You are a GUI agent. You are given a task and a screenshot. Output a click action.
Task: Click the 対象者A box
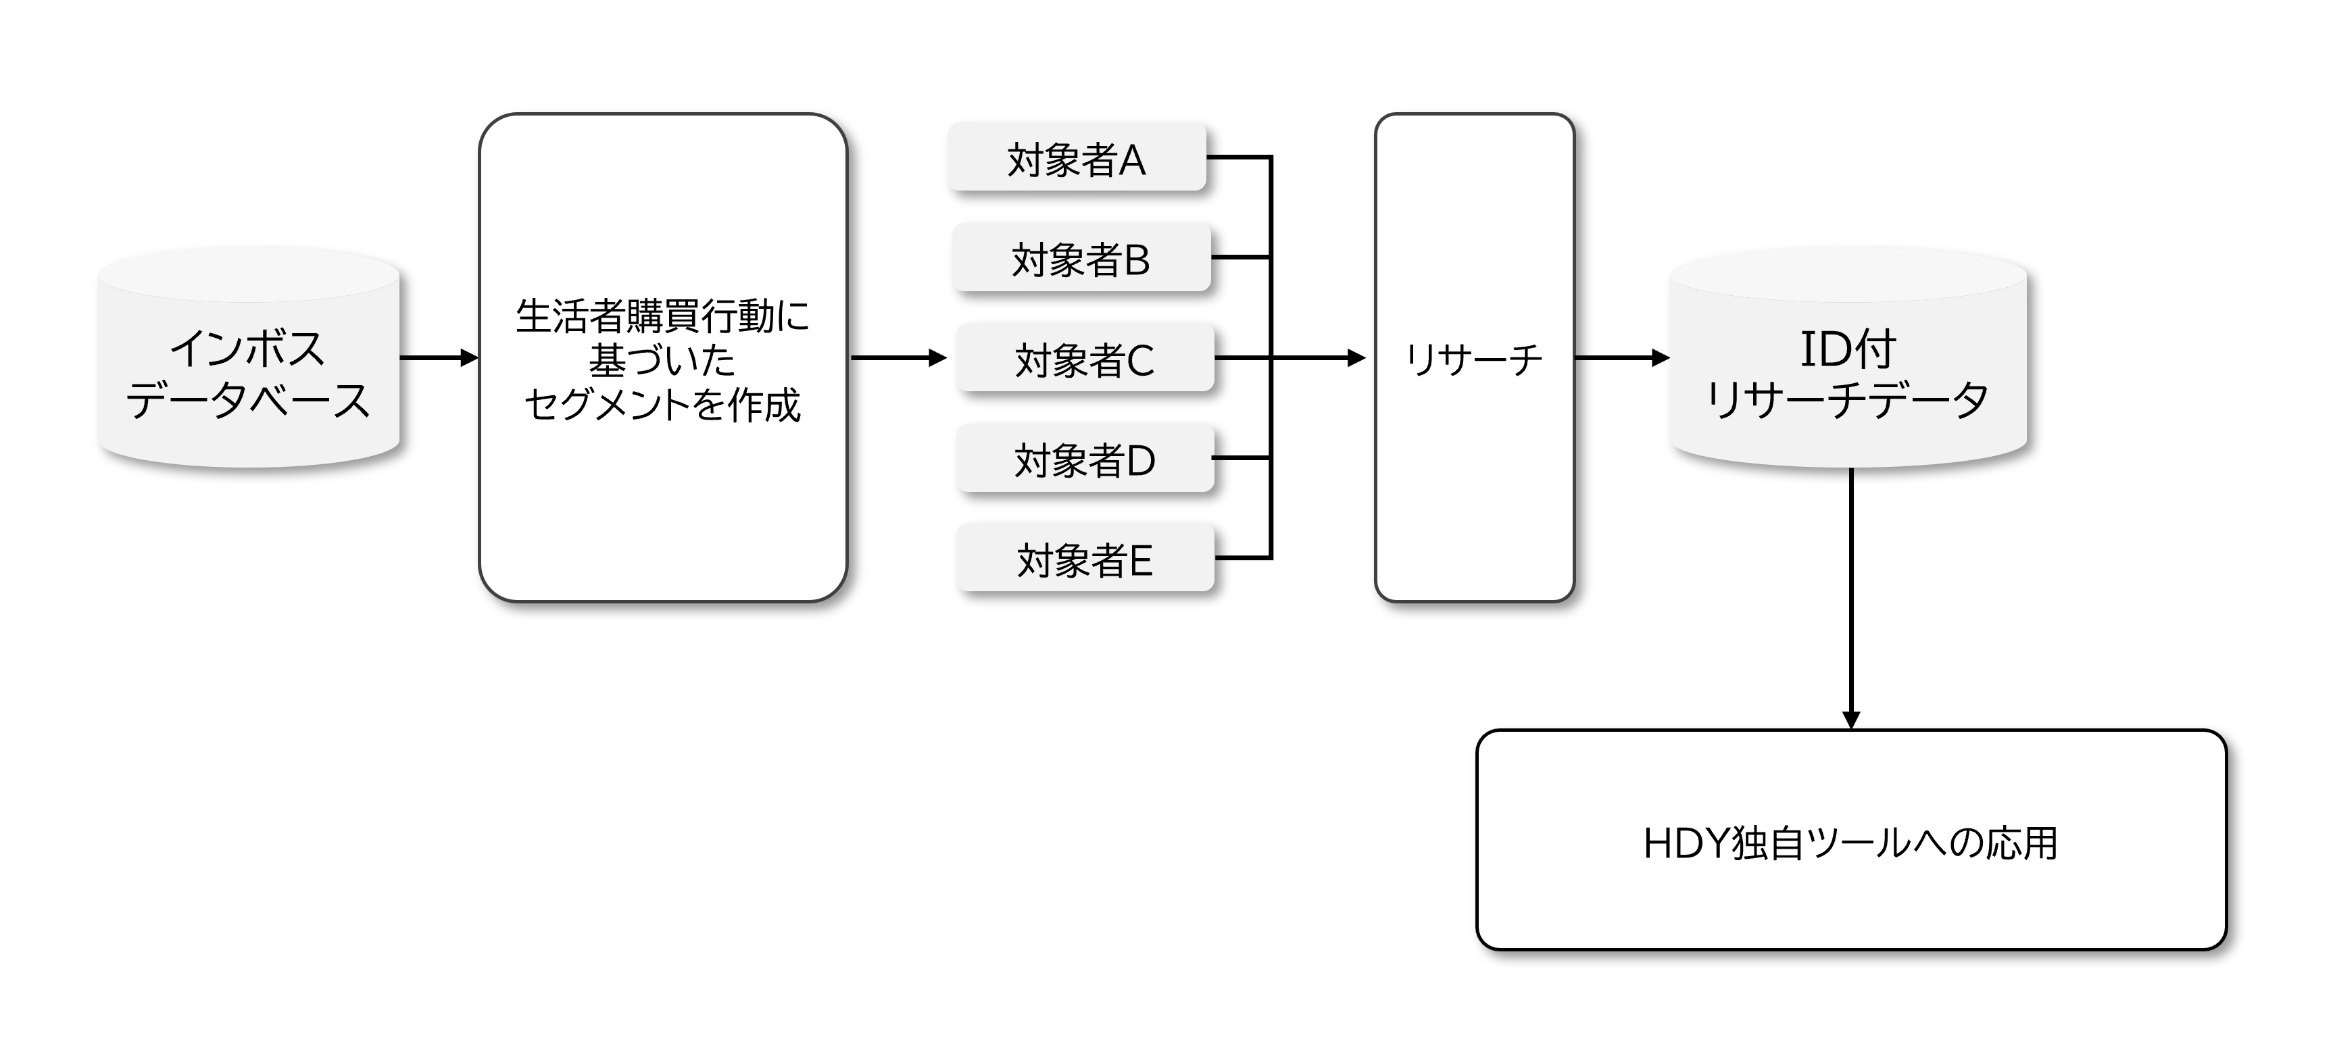pos(1077,157)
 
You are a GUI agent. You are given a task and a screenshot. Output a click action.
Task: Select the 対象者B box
pos(1081,257)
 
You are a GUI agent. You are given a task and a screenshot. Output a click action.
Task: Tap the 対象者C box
pos(1085,358)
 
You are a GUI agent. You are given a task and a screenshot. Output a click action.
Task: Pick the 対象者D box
pos(1085,458)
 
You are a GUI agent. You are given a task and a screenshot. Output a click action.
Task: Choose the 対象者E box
pos(1085,558)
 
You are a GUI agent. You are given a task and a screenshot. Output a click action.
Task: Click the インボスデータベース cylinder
pos(249,358)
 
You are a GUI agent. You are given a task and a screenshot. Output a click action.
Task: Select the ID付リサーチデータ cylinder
pos(1848,358)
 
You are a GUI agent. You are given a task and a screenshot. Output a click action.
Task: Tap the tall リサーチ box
pos(1475,358)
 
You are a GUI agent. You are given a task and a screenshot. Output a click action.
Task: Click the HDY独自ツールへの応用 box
pos(1851,840)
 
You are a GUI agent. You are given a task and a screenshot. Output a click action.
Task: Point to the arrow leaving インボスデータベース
pos(439,358)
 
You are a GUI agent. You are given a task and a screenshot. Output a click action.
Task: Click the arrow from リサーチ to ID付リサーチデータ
pos(1622,358)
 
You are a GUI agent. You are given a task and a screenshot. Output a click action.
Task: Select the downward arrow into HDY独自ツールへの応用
pos(1851,599)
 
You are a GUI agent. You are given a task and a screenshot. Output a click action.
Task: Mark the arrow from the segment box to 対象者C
pos(898,358)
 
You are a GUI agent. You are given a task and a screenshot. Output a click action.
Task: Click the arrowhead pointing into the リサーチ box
pos(1356,358)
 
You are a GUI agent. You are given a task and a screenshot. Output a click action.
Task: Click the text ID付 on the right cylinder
pos(1848,349)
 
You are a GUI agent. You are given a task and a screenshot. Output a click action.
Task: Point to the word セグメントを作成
pos(662,404)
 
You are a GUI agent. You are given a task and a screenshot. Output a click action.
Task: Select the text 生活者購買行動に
pos(662,316)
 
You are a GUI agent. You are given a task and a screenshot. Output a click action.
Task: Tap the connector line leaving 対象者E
pos(1244,558)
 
